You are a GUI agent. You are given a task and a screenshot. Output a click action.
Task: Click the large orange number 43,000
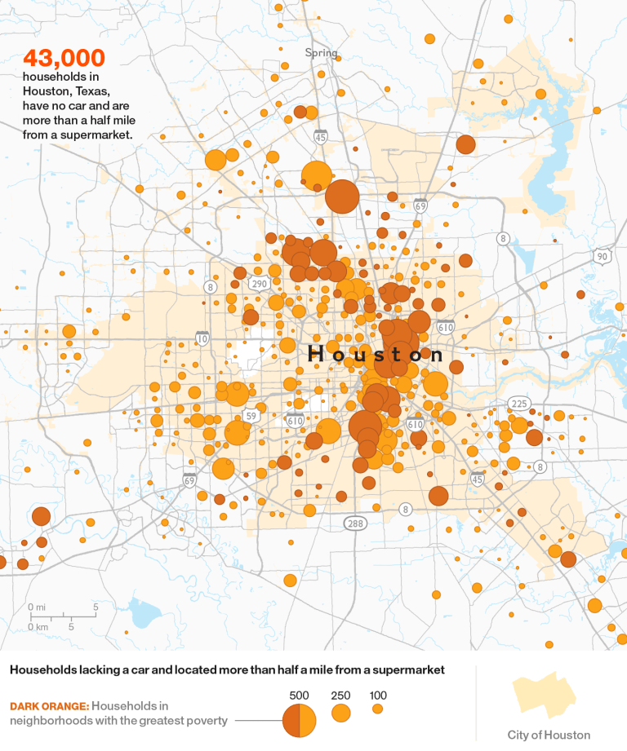(64, 58)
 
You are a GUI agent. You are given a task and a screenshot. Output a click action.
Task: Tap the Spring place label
(321, 53)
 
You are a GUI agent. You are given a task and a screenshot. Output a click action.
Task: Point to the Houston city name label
(376, 354)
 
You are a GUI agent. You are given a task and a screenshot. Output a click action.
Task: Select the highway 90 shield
(602, 256)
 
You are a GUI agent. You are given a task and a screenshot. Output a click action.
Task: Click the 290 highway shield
(259, 284)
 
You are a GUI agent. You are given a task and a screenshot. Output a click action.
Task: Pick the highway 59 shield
(251, 416)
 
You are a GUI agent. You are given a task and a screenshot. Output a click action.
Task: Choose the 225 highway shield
(518, 404)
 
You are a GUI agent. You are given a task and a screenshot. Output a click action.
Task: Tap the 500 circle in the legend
(299, 719)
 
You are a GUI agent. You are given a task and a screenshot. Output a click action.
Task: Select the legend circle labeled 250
(340, 713)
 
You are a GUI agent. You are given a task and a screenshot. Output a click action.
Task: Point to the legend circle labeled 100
(377, 709)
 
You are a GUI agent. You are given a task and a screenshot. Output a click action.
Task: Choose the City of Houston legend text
(548, 735)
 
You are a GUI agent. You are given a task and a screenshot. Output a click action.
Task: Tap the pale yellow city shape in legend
(544, 697)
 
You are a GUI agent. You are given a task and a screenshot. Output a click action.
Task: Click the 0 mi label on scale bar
(36, 607)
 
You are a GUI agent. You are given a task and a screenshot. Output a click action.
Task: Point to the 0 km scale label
(37, 626)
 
